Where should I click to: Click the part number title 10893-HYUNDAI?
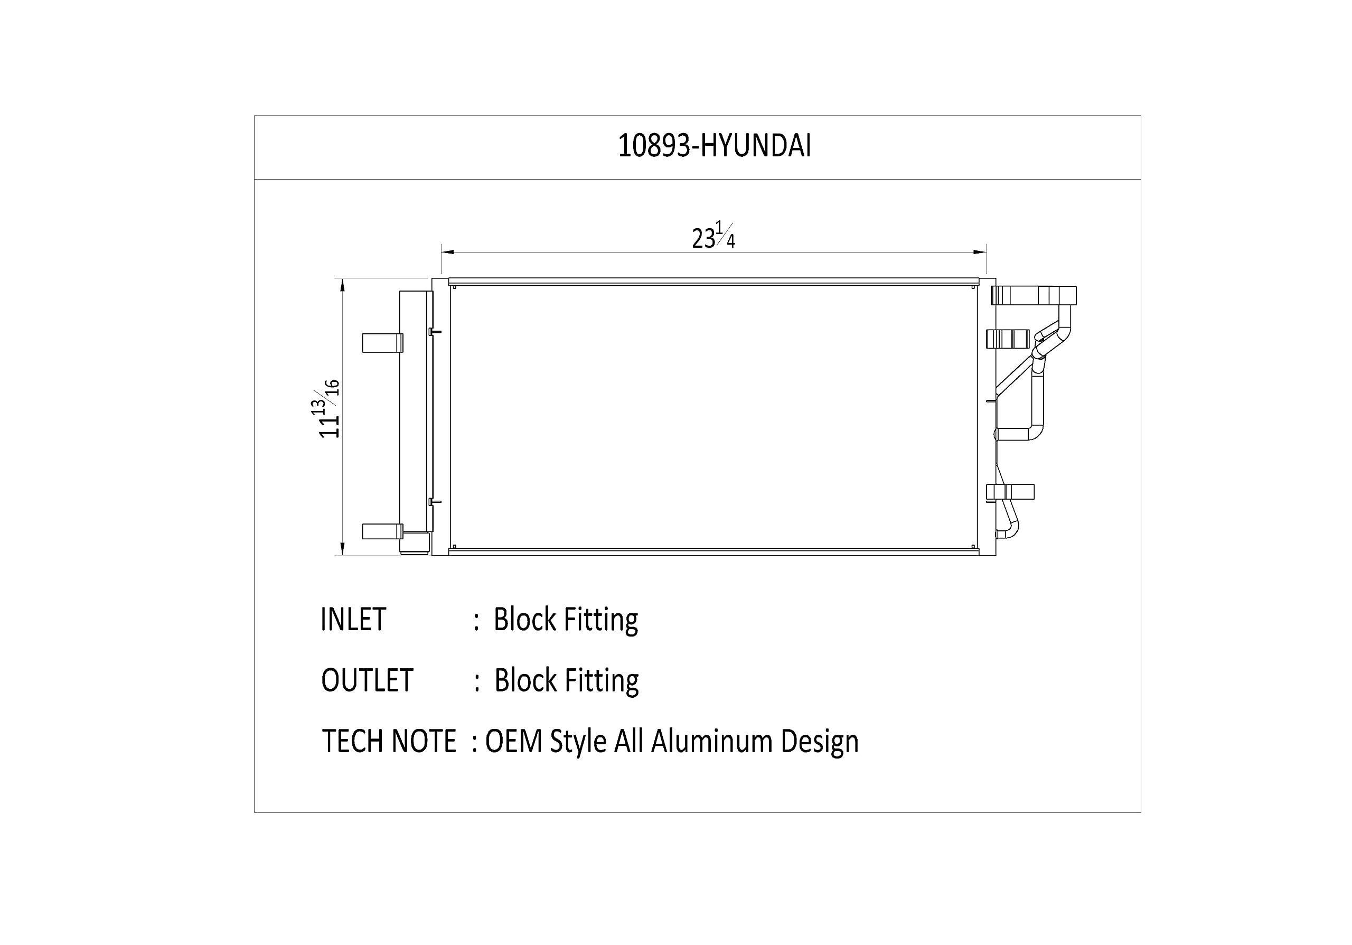pyautogui.click(x=714, y=145)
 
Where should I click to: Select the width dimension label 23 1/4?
pyautogui.click(x=713, y=236)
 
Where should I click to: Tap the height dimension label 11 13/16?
pyautogui.click(x=329, y=409)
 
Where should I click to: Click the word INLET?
pyautogui.click(x=353, y=620)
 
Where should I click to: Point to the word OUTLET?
pyautogui.click(x=367, y=681)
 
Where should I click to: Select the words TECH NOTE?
pyautogui.click(x=389, y=741)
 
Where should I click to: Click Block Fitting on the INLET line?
pyautogui.click(x=566, y=621)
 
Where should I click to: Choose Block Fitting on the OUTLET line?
pyautogui.click(x=567, y=681)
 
